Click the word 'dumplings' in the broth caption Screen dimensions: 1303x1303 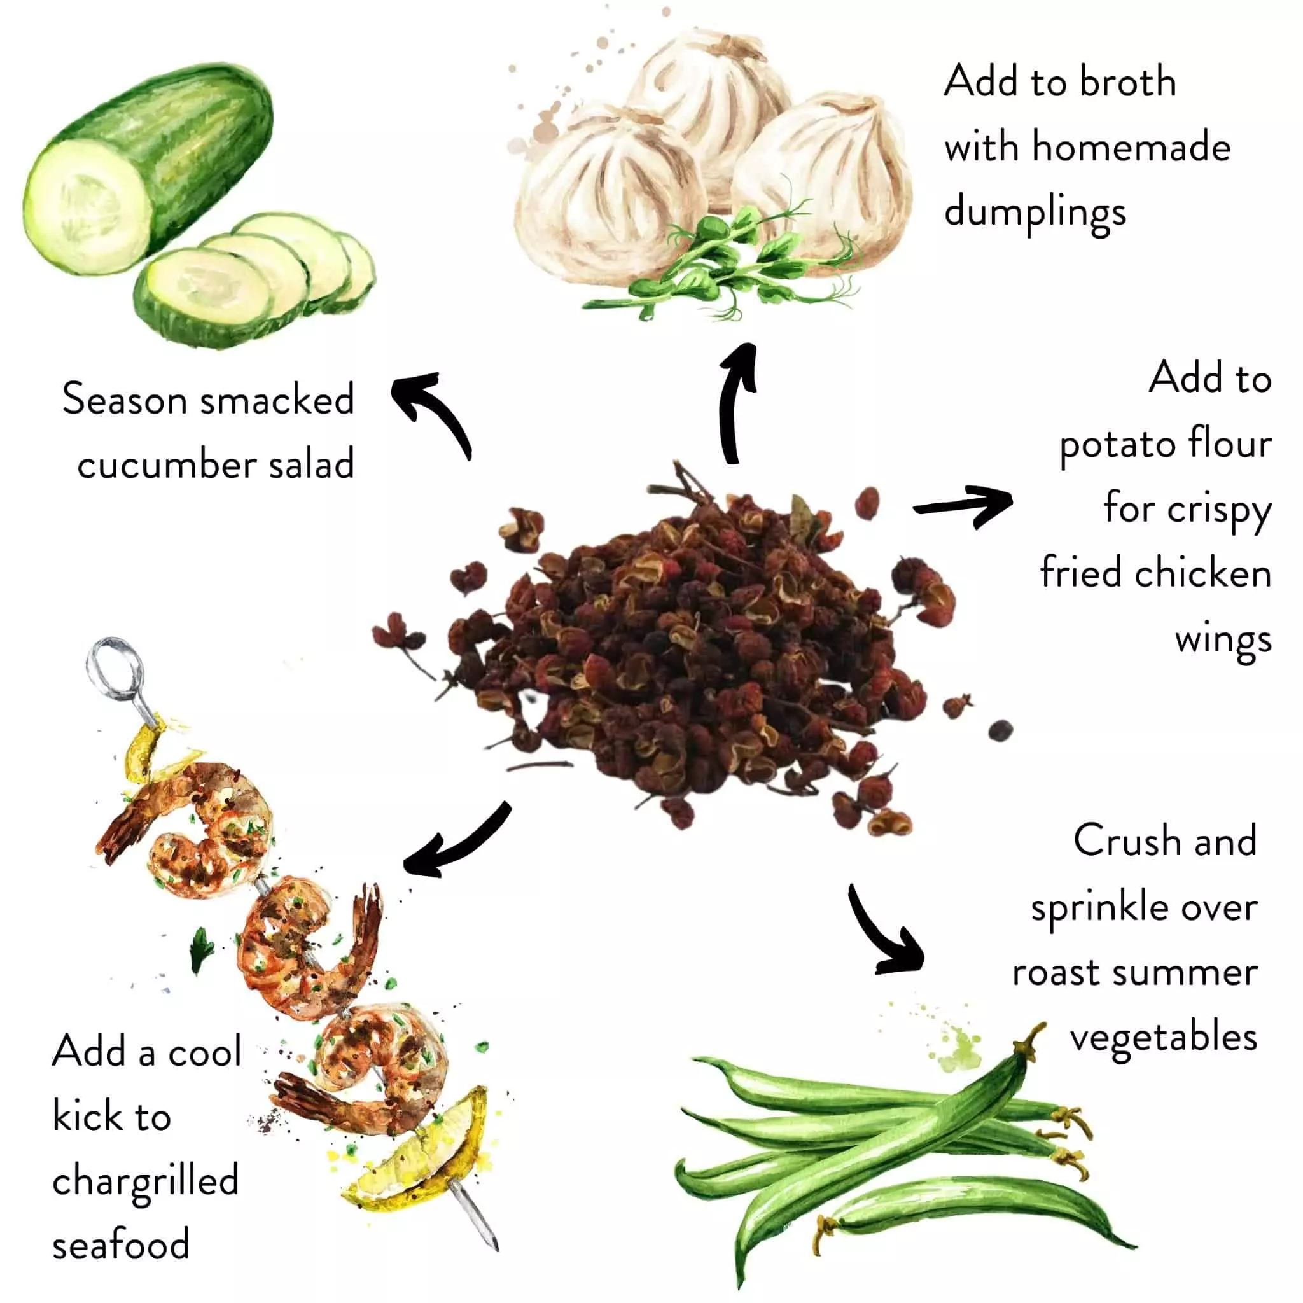(x=1035, y=213)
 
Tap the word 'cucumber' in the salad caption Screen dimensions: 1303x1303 (x=166, y=464)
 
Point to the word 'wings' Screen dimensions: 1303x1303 (x=1223, y=640)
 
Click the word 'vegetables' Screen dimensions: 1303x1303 (x=1164, y=1038)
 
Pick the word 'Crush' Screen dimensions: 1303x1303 (x=1127, y=842)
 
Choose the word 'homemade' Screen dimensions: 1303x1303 (x=1131, y=148)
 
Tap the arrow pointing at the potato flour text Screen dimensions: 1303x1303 (x=965, y=506)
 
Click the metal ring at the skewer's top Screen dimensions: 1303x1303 (x=115, y=664)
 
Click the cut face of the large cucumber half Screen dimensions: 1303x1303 (x=85, y=213)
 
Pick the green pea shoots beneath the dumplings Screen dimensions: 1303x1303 (x=728, y=270)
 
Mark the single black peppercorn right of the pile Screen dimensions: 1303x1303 (x=1000, y=730)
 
